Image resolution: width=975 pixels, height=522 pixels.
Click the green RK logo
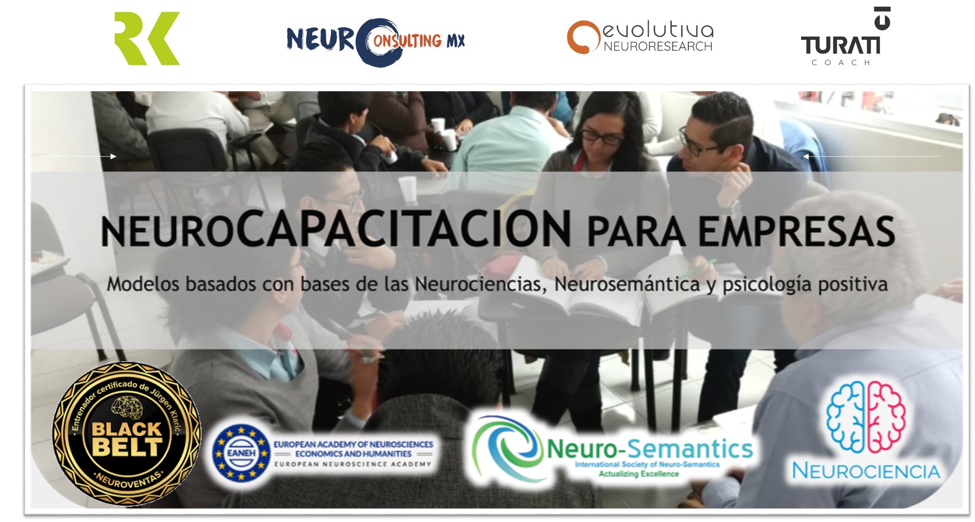click(147, 39)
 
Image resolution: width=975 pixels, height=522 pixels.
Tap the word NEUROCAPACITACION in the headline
click(336, 229)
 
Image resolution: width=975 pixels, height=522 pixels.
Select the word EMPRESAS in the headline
click(796, 231)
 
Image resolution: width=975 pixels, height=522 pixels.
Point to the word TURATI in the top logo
click(841, 46)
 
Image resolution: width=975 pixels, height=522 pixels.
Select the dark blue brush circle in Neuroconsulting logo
click(378, 42)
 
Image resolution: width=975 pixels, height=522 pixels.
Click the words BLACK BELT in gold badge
click(127, 439)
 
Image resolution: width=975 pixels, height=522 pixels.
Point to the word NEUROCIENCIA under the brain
click(866, 471)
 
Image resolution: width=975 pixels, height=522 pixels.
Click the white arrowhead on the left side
click(113, 156)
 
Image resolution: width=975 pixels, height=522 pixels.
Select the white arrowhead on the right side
click(806, 156)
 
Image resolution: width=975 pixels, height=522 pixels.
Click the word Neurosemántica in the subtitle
click(627, 284)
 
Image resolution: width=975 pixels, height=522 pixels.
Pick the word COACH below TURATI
click(841, 62)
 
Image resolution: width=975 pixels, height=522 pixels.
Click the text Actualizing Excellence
click(638, 474)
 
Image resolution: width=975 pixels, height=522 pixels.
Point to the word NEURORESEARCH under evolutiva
click(658, 47)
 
